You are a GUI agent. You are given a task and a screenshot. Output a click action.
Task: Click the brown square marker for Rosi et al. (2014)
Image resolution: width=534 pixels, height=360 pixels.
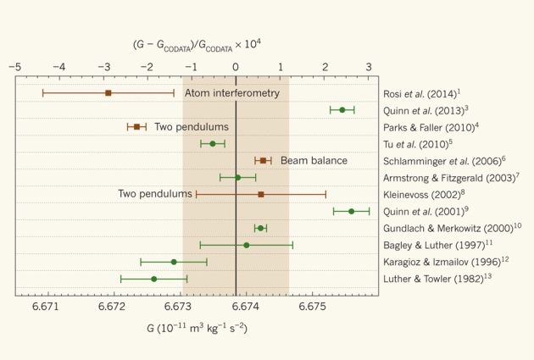108,92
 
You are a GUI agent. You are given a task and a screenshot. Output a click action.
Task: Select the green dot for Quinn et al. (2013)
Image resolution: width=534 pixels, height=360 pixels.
342,110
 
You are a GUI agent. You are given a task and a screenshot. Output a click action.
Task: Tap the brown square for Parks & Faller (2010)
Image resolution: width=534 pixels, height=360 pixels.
136,127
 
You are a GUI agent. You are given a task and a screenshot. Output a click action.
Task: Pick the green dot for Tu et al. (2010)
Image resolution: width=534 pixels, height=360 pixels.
212,144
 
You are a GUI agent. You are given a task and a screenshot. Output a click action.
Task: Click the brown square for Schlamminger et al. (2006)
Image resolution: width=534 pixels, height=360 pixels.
263,160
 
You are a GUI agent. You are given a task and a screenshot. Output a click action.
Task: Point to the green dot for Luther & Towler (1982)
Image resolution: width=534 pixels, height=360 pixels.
153,279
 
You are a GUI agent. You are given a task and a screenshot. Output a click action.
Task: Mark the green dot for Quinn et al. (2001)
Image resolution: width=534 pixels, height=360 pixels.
351,211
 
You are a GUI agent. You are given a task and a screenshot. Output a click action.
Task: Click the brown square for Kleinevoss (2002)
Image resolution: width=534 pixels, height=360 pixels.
260,194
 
